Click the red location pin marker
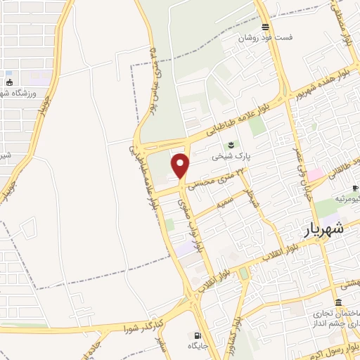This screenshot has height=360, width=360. pos(181,165)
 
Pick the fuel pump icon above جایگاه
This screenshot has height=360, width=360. pos(198,335)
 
